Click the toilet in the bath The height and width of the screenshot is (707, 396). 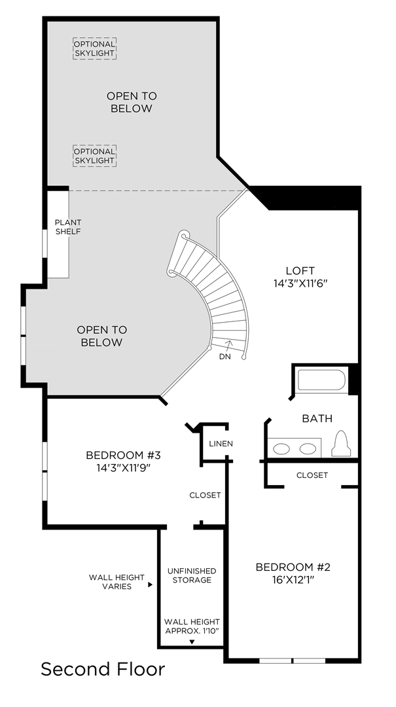point(341,443)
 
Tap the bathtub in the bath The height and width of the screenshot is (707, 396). point(321,380)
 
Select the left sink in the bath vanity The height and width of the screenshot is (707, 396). point(282,448)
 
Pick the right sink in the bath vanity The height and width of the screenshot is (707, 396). point(308,448)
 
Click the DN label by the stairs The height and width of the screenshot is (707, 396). point(226,356)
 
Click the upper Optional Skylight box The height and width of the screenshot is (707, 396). point(95,48)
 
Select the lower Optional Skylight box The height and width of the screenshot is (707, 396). point(95,156)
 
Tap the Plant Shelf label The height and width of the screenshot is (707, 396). point(68,227)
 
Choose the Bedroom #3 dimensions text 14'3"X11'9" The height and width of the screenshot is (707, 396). point(123,467)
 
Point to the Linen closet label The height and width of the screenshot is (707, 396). point(221,444)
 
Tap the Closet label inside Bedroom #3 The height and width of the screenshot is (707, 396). point(206,495)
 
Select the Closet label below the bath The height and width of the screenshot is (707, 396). point(312,475)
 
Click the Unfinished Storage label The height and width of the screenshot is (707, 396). point(192,575)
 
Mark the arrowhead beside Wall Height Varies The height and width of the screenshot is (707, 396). point(150,585)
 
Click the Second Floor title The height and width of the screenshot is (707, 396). point(103,669)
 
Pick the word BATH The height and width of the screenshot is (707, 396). point(317,418)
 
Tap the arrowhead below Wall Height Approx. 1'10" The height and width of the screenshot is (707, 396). point(192,642)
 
